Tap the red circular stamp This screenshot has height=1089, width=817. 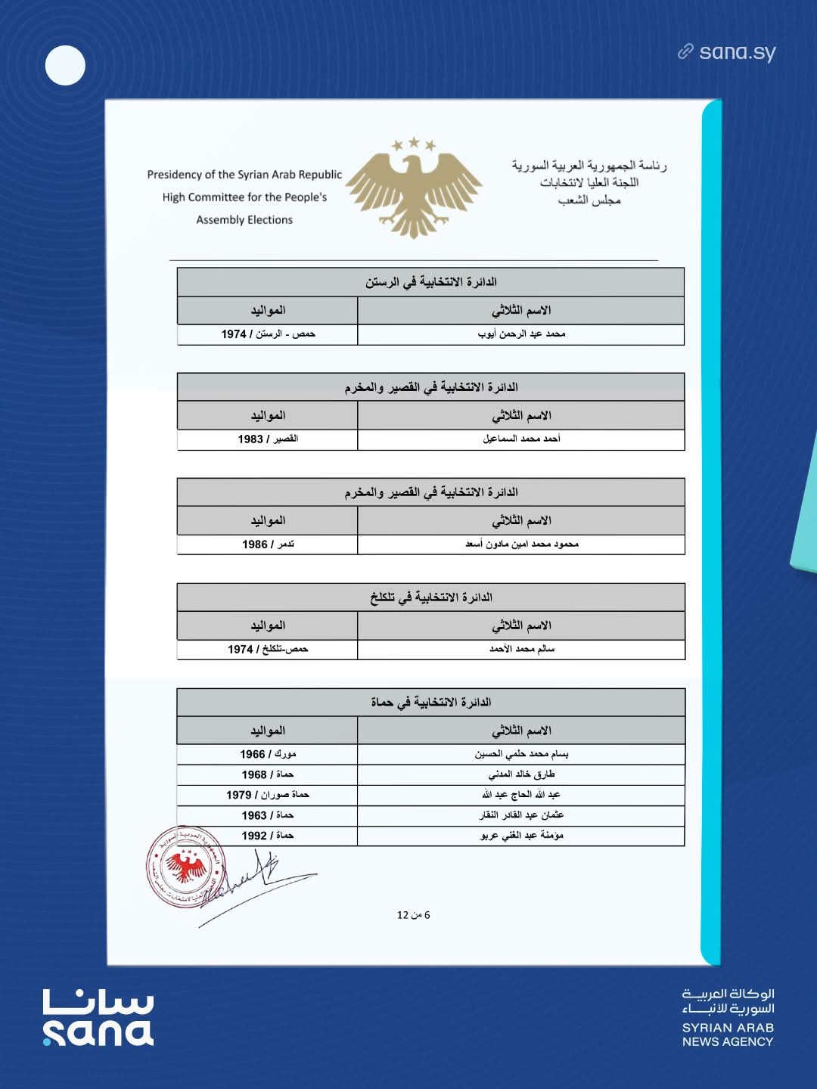click(185, 866)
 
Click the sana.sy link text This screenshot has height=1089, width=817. click(737, 52)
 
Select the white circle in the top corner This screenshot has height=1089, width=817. click(65, 65)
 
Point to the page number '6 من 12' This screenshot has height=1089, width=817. click(413, 915)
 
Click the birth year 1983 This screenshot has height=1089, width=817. click(250, 439)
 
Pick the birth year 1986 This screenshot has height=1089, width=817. click(255, 544)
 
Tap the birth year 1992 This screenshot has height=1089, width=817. click(254, 836)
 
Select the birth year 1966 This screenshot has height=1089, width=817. click(253, 754)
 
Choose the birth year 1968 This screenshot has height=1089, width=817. click(254, 774)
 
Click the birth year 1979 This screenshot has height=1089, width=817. click(238, 795)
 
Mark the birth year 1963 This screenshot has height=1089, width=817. click(254, 815)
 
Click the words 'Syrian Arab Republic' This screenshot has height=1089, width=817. click(290, 175)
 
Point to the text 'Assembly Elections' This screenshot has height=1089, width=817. click(244, 220)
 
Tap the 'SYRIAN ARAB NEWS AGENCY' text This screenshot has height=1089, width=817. click(728, 1035)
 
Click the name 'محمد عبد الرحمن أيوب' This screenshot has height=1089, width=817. click(521, 334)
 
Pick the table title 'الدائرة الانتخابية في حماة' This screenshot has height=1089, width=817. click(430, 703)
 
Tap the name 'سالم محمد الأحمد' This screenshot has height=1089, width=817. click(521, 650)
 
